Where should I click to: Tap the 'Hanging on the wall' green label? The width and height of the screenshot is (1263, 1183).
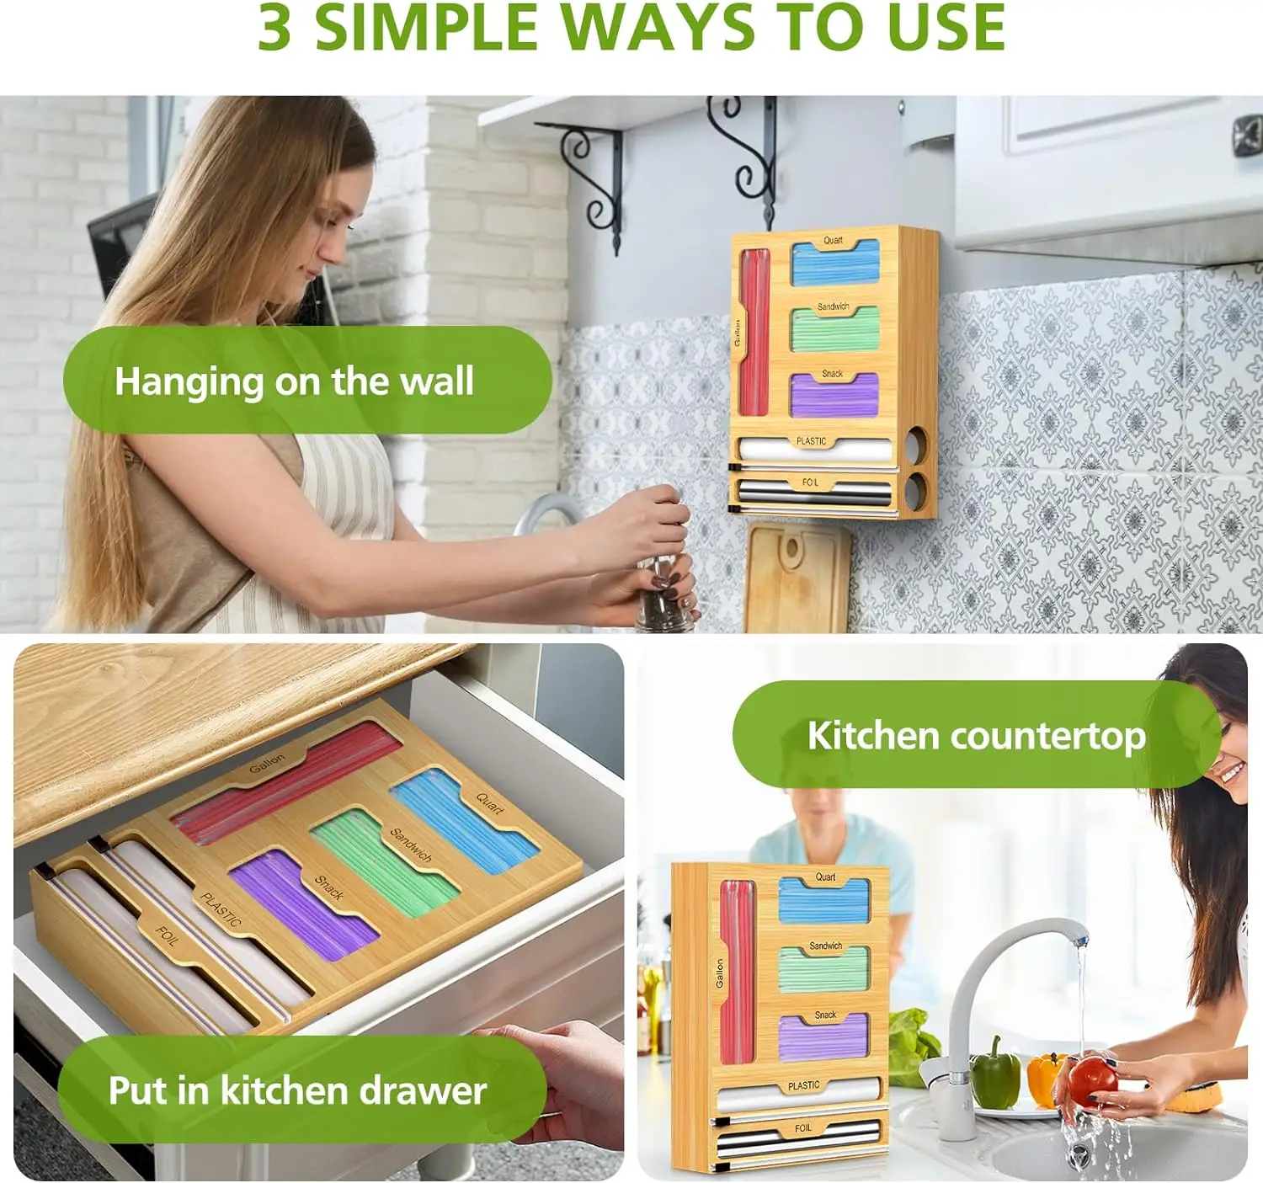295,381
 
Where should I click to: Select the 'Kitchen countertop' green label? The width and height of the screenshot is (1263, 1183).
976,735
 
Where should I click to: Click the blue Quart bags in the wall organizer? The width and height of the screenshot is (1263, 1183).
835,266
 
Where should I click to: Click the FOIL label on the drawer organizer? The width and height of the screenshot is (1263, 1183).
166,935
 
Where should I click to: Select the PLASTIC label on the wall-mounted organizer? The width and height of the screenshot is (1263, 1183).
811,441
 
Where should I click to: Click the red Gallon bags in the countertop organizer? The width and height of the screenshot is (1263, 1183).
738,968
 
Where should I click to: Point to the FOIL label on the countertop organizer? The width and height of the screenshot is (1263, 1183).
802,1127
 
